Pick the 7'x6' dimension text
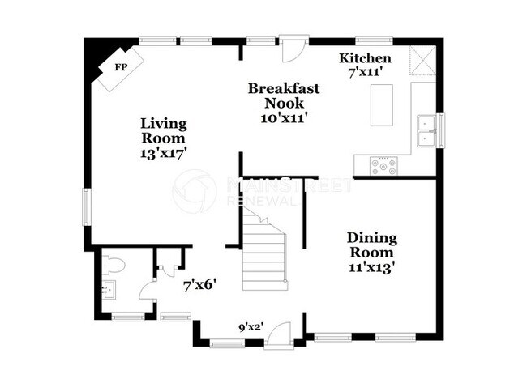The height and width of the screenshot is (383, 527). (x=199, y=284)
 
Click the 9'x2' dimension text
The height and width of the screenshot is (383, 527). (x=251, y=328)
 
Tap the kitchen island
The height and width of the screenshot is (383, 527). (x=382, y=104)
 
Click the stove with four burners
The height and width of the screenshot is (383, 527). (x=383, y=166)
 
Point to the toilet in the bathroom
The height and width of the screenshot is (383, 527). (x=113, y=263)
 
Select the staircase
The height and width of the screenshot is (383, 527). (x=266, y=251)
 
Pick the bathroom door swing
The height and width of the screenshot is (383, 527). (x=148, y=291)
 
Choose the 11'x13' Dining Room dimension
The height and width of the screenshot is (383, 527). (x=372, y=266)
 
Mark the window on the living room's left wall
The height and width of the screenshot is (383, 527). (x=88, y=206)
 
